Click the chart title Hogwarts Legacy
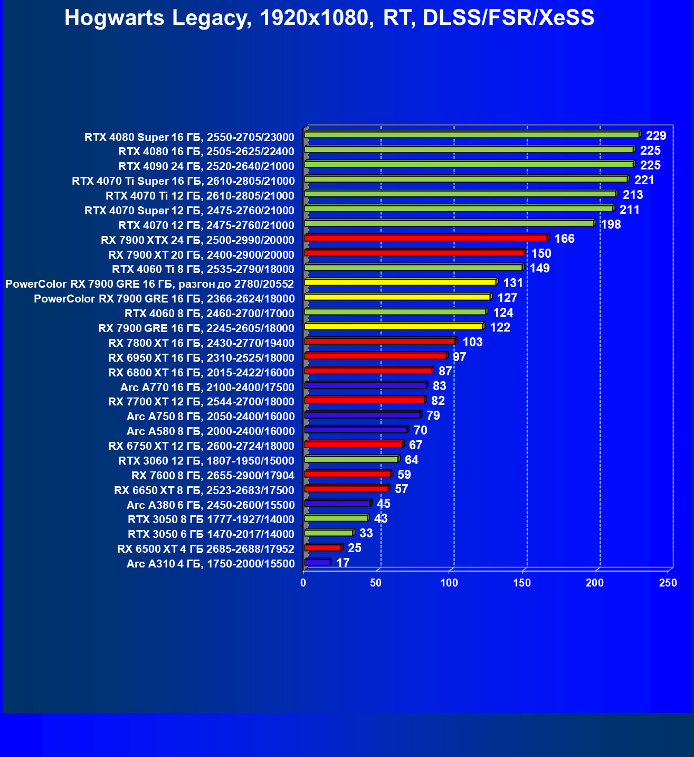tap(329, 18)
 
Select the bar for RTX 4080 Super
tap(472, 135)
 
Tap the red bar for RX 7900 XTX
tap(426, 238)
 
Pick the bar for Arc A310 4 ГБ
tap(317, 563)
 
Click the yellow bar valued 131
tap(400, 282)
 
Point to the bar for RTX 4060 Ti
tap(413, 268)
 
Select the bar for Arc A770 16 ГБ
tap(365, 386)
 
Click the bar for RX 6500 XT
tap(322, 547)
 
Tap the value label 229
tap(656, 136)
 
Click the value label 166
tap(564, 239)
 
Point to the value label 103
tap(472, 342)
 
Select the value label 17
tap(343, 563)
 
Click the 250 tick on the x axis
tap(668, 583)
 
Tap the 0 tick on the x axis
tap(303, 583)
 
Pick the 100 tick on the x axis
tap(449, 583)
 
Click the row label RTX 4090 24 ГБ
tap(206, 166)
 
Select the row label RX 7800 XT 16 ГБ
tap(201, 343)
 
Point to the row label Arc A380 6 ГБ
tap(210, 505)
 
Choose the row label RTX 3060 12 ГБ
tap(206, 461)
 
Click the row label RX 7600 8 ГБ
tap(213, 476)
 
